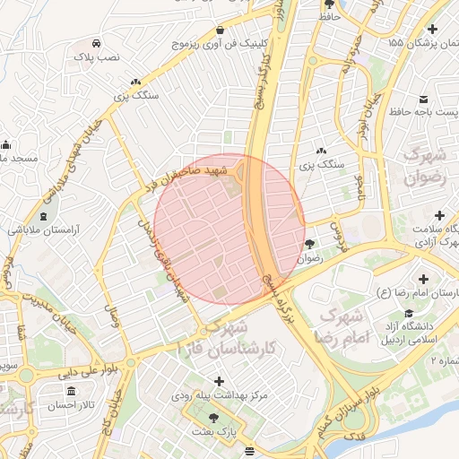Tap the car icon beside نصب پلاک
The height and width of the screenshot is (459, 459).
tap(96, 43)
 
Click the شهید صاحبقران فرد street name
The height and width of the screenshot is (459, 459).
tap(190, 178)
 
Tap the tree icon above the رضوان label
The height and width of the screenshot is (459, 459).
tap(309, 243)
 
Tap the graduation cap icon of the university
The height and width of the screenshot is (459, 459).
tap(410, 313)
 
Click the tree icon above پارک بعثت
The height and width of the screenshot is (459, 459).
tap(212, 417)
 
